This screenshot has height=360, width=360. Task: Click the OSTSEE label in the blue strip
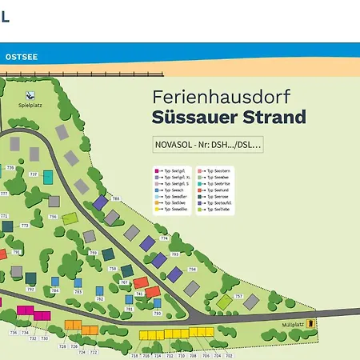[22, 58]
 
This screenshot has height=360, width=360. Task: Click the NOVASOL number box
[208, 145]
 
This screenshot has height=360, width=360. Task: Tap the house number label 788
[115, 198]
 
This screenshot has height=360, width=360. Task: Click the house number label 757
[238, 296]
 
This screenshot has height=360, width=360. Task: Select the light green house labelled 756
[70, 218]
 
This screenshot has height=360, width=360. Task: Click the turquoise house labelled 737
[48, 177]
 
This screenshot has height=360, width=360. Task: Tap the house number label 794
[192, 270]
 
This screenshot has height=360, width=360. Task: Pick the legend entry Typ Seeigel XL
[173, 178]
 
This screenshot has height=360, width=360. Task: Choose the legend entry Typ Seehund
[219, 190]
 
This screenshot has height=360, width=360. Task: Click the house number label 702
[230, 354]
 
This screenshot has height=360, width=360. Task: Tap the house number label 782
[100, 299]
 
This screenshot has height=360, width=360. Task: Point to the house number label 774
[164, 238]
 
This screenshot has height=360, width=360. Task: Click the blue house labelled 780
[158, 303]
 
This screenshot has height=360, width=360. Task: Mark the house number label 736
[14, 332]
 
